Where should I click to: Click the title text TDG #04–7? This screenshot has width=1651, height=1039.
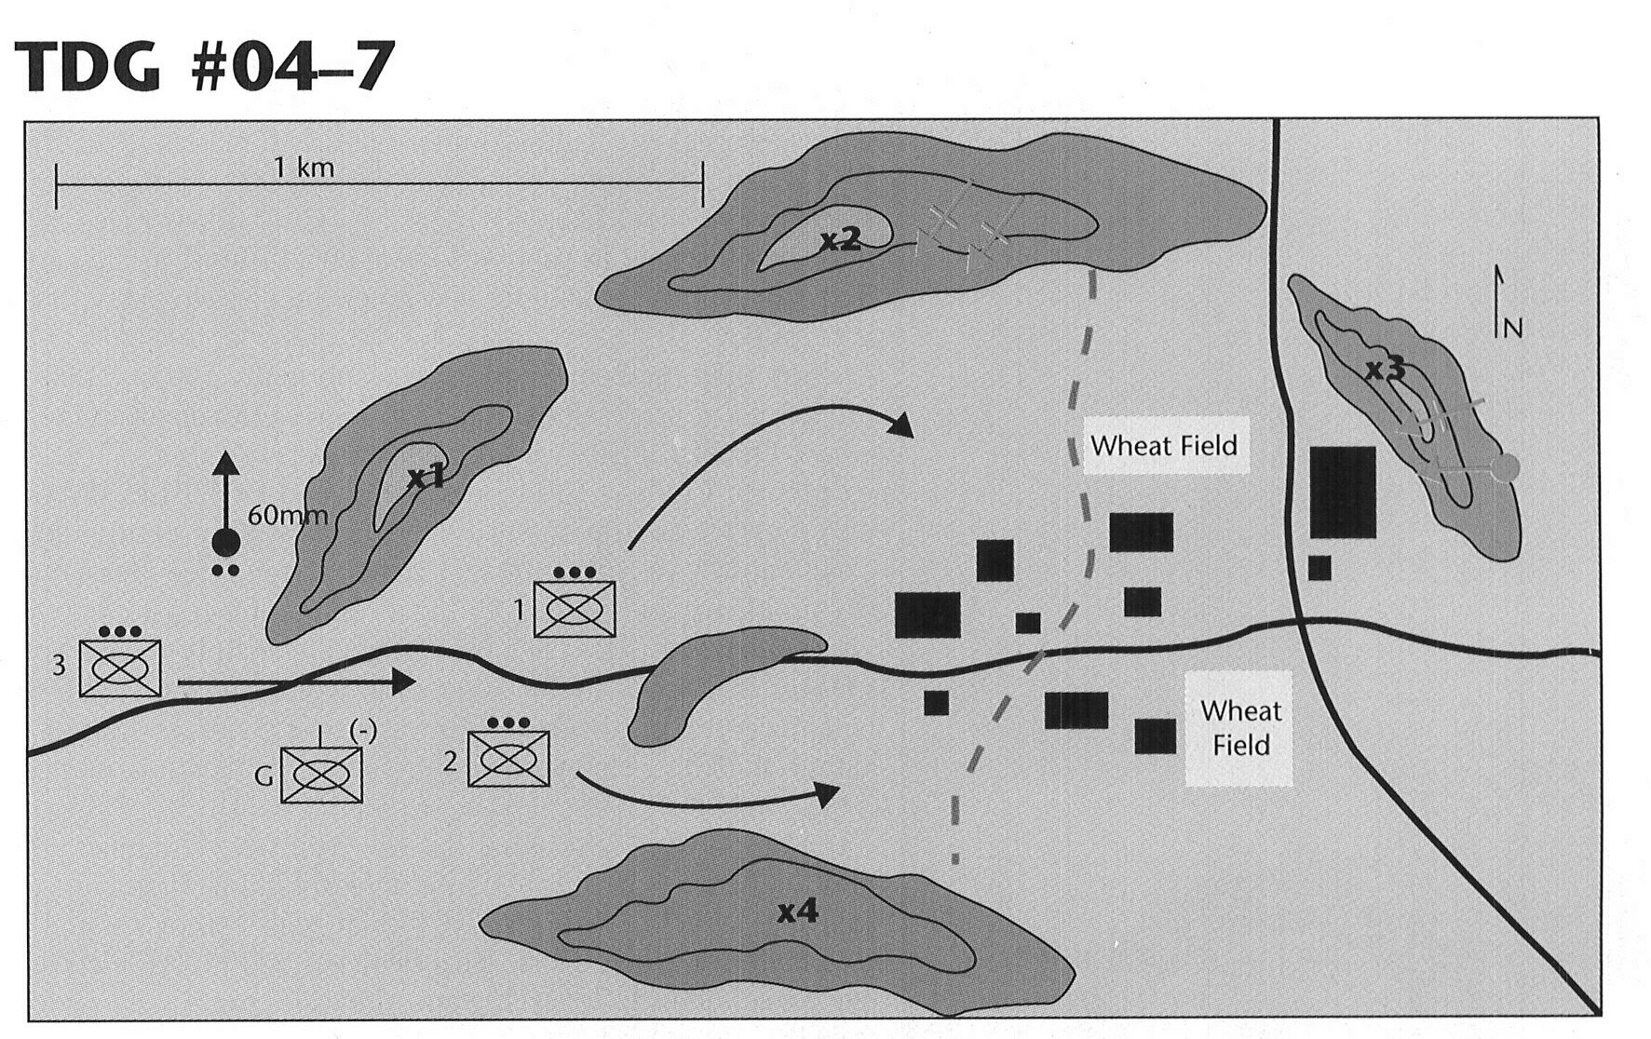pyautogui.click(x=204, y=67)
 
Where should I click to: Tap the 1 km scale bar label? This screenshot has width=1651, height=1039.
pyautogui.click(x=304, y=168)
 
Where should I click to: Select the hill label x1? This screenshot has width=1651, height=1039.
pyautogui.click(x=426, y=478)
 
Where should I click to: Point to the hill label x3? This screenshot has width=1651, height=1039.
pyautogui.click(x=1385, y=370)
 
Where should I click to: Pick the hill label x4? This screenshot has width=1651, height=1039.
pyautogui.click(x=798, y=911)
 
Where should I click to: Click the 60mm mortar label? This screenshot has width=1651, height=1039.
pyautogui.click(x=288, y=515)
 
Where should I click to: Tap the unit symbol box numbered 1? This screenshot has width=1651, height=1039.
pyautogui.click(x=575, y=609)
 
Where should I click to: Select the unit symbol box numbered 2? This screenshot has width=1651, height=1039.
pyautogui.click(x=508, y=759)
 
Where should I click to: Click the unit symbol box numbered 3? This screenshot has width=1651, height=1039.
pyautogui.click(x=120, y=668)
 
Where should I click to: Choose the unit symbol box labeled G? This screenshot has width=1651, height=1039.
pyautogui.click(x=321, y=775)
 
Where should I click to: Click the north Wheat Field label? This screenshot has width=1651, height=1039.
pyautogui.click(x=1164, y=445)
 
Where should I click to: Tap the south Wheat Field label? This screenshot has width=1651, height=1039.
pyautogui.click(x=1240, y=728)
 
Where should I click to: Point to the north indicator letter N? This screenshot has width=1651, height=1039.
pyautogui.click(x=1513, y=328)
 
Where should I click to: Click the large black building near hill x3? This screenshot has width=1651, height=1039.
pyautogui.click(x=1343, y=492)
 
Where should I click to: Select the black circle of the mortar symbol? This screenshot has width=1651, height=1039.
pyautogui.click(x=226, y=541)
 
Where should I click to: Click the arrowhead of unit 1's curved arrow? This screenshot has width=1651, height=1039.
pyautogui.click(x=900, y=426)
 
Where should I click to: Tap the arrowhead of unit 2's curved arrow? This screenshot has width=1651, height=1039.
pyautogui.click(x=827, y=794)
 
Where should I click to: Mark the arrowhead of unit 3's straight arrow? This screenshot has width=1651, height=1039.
pyautogui.click(x=403, y=681)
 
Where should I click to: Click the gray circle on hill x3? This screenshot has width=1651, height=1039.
pyautogui.click(x=1504, y=467)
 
